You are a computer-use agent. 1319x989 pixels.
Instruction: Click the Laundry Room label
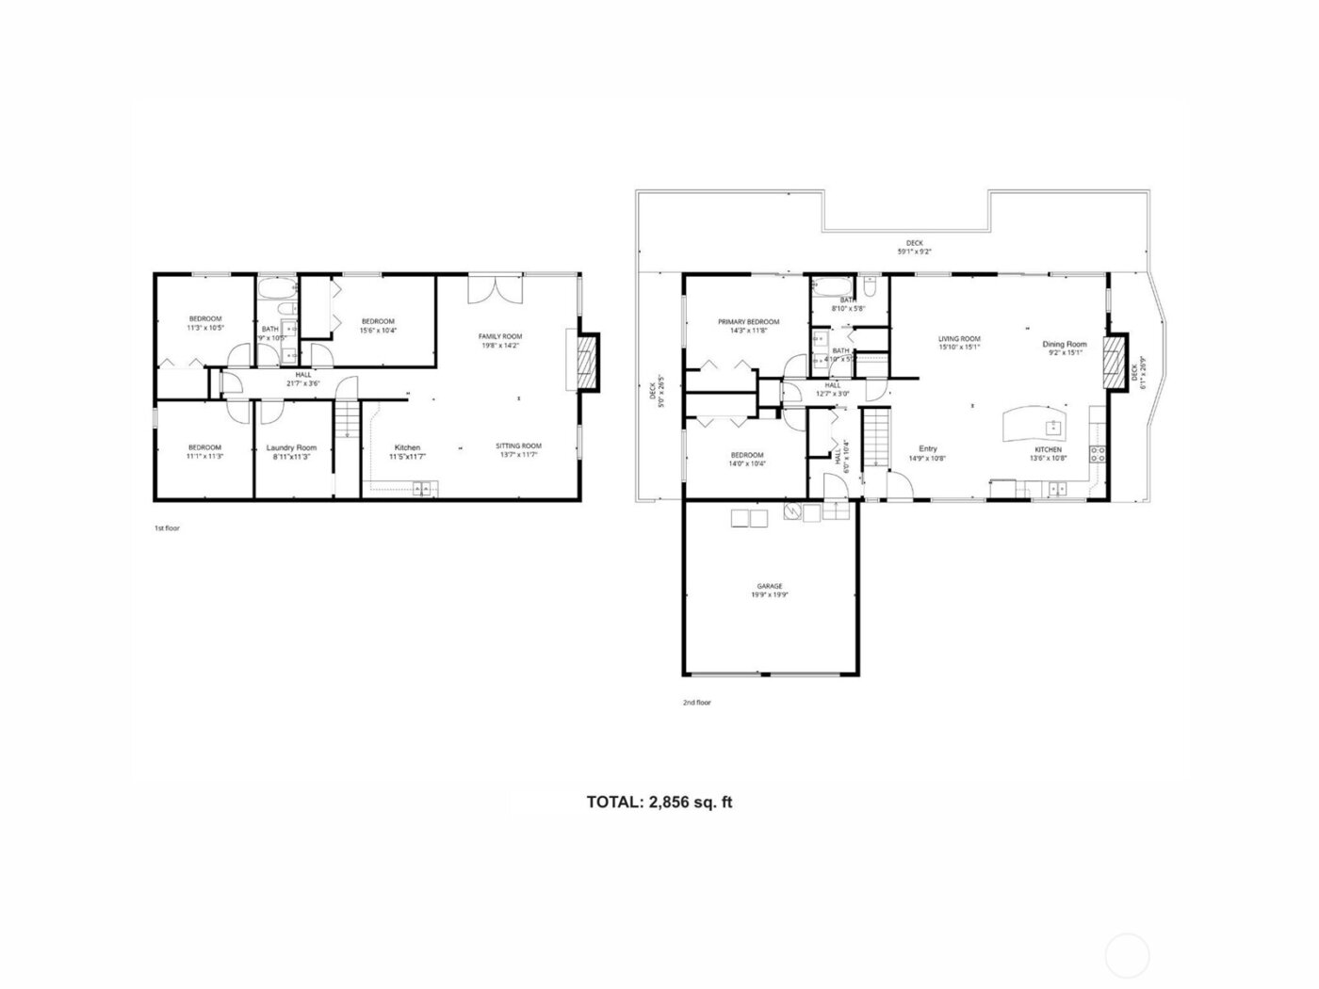point(291,447)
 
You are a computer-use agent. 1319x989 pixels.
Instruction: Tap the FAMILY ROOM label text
point(500,336)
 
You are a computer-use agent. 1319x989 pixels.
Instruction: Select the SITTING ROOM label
point(519,446)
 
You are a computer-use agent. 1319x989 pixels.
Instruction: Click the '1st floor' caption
point(167,528)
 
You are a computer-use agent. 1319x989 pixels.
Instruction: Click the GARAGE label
point(770,587)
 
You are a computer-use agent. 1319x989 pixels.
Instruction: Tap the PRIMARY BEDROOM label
point(748,322)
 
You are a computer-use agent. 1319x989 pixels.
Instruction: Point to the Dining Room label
point(1065,345)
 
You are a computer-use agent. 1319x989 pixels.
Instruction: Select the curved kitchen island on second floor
point(1035,424)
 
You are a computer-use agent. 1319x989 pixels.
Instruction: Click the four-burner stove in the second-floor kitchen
point(1098,458)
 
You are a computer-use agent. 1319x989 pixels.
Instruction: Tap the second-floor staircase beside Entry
point(877,438)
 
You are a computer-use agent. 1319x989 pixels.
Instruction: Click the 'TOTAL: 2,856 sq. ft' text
point(659,803)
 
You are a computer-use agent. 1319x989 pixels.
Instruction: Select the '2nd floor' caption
point(697,703)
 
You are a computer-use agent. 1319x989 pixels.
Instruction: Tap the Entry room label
point(927,448)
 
